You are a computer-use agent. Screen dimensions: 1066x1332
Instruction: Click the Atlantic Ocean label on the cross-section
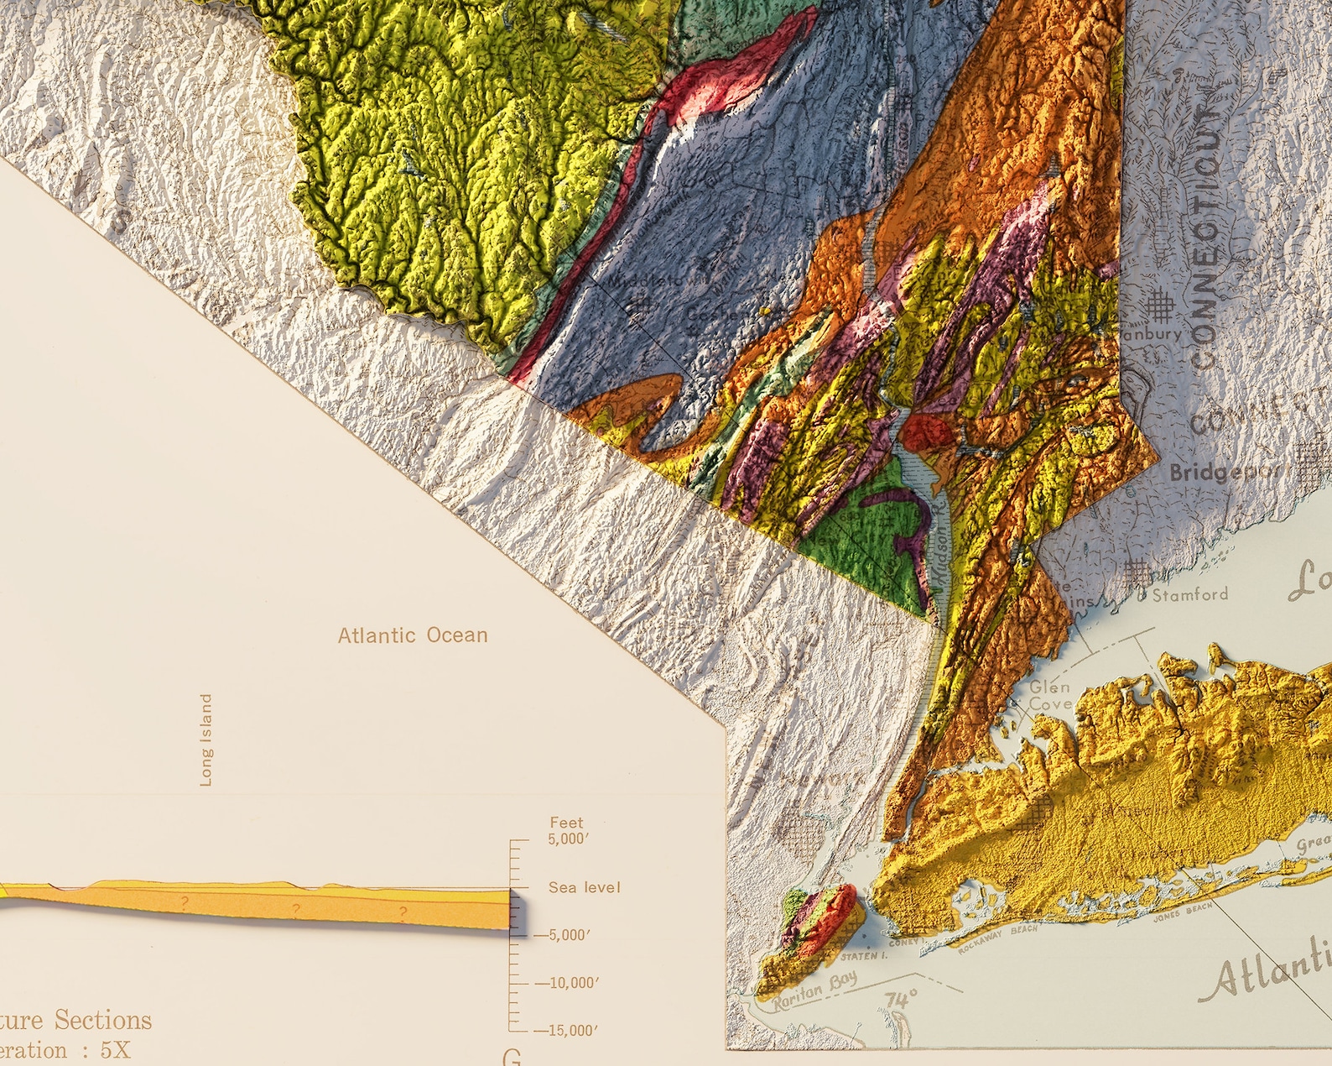click(x=412, y=635)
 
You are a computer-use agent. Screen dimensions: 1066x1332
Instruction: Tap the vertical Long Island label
click(x=206, y=739)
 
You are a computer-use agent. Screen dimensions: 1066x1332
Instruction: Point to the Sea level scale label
click(x=584, y=887)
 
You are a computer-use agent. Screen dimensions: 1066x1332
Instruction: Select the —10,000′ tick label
click(x=566, y=982)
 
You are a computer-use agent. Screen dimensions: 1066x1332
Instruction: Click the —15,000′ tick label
click(x=566, y=1030)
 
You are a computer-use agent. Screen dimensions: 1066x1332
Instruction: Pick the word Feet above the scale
click(x=566, y=823)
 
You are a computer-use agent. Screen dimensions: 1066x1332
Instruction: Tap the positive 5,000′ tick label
click(x=569, y=839)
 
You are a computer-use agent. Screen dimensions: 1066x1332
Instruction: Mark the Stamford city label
click(x=1189, y=595)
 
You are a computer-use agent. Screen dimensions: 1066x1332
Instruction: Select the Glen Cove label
click(x=1050, y=696)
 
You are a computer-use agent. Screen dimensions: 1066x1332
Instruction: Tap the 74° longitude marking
click(x=901, y=1001)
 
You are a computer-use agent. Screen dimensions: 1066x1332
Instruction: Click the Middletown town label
click(x=646, y=279)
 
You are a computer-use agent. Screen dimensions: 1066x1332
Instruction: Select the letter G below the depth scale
click(x=511, y=1058)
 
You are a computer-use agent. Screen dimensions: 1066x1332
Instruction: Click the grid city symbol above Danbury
click(x=1159, y=306)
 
